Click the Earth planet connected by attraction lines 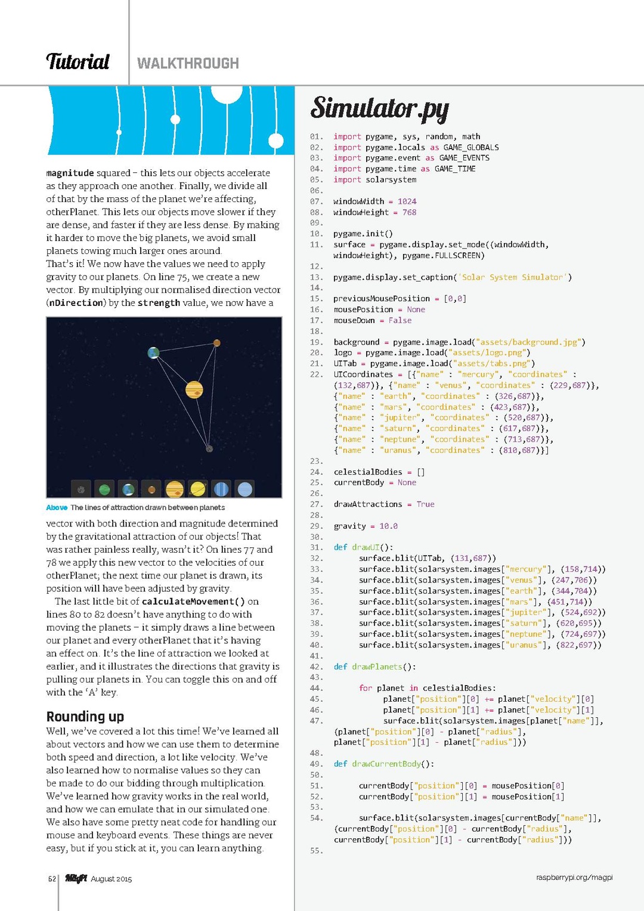154,353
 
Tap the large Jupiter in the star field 194,389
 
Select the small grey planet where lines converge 209,448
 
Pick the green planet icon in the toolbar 104,489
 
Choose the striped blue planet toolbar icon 221,489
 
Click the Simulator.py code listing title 379,109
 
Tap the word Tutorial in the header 78,62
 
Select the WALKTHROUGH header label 188,63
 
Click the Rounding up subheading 85,716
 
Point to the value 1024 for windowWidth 407,202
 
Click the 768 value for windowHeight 409,212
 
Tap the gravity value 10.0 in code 388,526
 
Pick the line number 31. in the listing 317,547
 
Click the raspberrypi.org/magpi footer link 574,877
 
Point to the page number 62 52,879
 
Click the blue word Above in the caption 57,507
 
